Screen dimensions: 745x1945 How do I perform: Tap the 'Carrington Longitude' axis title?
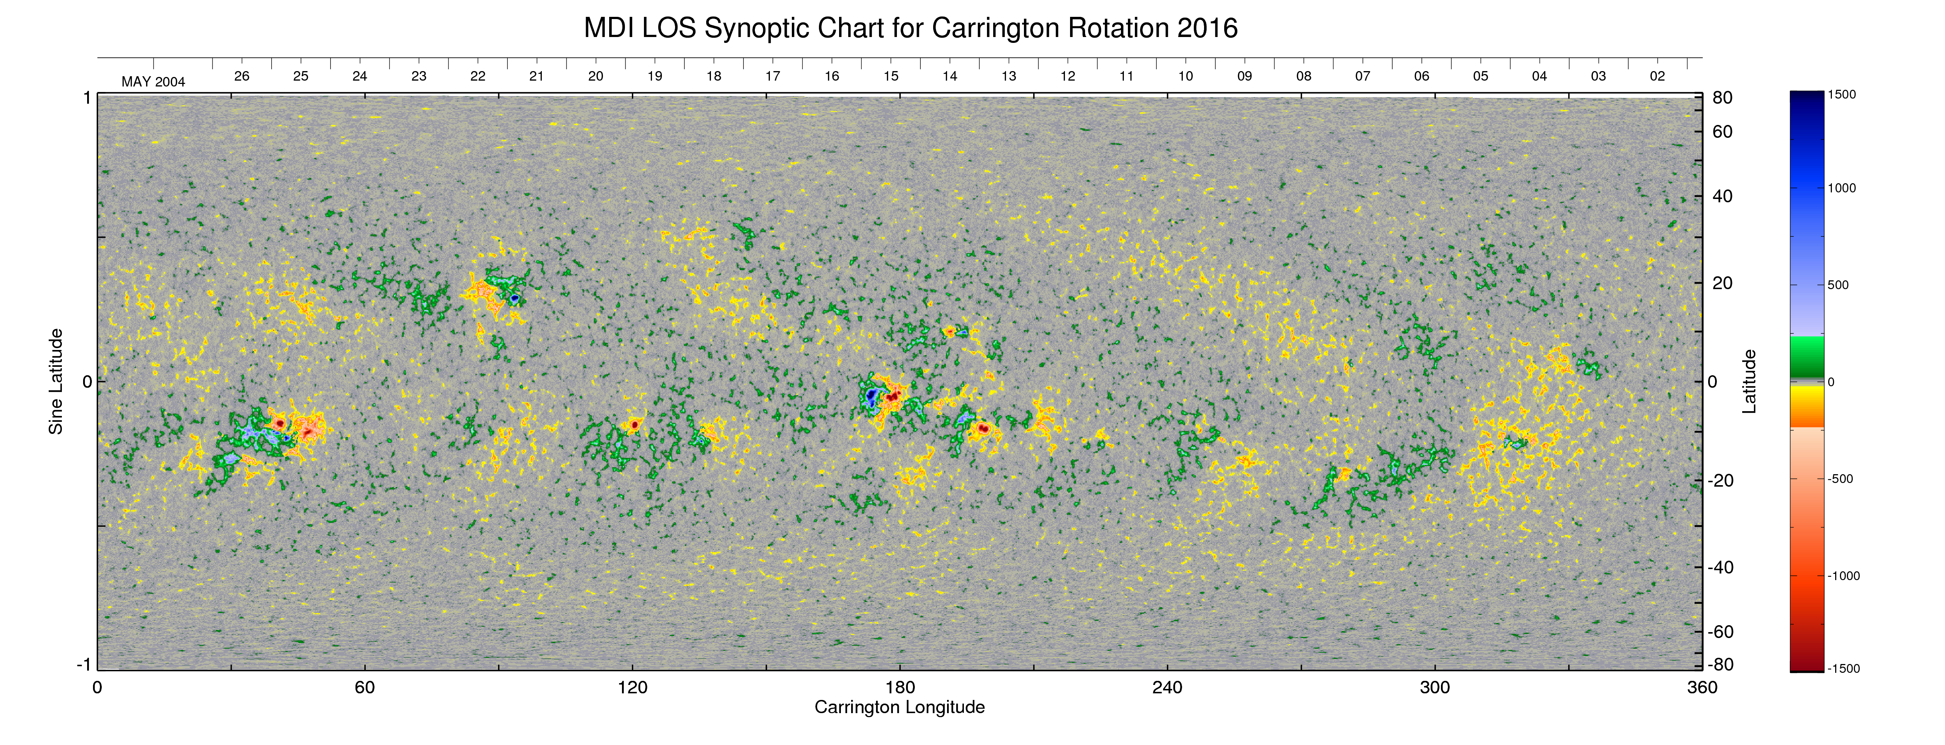coord(899,707)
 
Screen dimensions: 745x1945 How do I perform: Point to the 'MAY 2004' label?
coord(153,82)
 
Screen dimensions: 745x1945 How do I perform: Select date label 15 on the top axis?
coord(891,76)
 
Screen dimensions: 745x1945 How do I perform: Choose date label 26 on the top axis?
coord(242,76)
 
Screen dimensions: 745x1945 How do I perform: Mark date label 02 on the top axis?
coord(1657,76)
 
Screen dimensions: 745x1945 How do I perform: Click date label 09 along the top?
coord(1244,76)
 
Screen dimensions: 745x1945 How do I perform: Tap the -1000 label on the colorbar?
coord(1843,576)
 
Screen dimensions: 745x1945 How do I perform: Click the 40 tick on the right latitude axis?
coord(1722,196)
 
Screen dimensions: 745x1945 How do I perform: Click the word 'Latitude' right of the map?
coord(1749,381)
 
